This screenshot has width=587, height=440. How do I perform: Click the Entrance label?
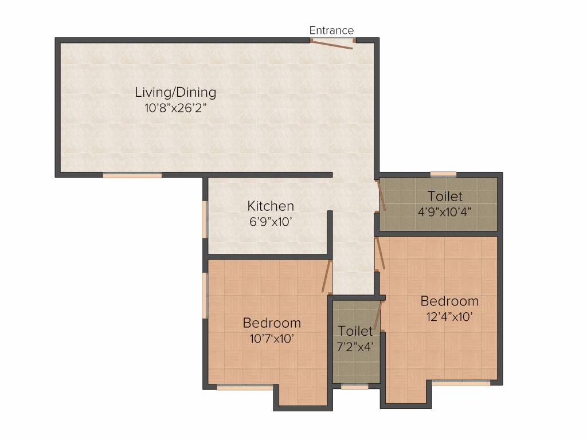click(x=331, y=30)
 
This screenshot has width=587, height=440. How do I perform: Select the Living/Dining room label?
click(x=175, y=92)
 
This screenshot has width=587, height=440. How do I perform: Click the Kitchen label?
click(x=271, y=206)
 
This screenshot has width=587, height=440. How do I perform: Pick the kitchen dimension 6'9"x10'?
click(x=271, y=221)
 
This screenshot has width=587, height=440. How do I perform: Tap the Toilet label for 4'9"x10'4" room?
click(x=445, y=197)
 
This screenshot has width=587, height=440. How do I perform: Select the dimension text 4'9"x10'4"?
click(x=444, y=211)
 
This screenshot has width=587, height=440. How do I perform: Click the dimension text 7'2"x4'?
click(x=355, y=346)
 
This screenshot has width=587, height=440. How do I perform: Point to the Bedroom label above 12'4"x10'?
click(x=449, y=301)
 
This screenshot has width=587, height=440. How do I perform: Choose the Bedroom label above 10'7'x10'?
click(x=272, y=323)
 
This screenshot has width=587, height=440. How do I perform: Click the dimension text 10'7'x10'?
click(x=272, y=338)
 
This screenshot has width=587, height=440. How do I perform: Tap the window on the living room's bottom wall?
click(x=132, y=175)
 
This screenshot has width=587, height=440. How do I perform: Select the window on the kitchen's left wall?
click(x=205, y=218)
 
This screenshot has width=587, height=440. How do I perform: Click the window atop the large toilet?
click(x=443, y=174)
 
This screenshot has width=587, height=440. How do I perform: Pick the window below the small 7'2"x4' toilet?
click(x=354, y=387)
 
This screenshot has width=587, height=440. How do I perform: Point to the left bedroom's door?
click(x=327, y=276)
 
